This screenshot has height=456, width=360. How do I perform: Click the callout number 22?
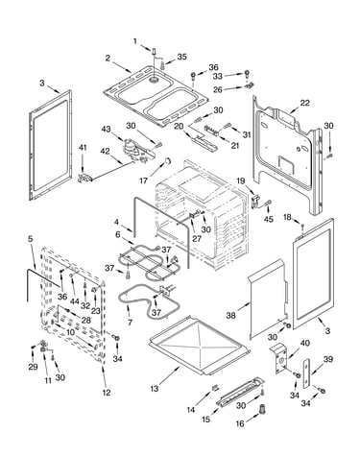point(304,103)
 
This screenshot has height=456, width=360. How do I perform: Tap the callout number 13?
point(155,389)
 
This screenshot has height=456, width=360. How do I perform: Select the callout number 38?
point(230,315)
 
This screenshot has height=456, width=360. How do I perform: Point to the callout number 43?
point(106,130)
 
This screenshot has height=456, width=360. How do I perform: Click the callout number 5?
point(31,239)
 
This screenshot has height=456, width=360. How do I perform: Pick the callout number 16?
point(240,424)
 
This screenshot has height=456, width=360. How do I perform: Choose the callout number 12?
point(107,393)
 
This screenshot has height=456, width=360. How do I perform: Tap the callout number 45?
point(269,220)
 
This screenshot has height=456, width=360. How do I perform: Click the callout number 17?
point(144,180)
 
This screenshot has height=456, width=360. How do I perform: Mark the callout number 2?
point(108,59)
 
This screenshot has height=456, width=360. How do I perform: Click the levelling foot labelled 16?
point(263,409)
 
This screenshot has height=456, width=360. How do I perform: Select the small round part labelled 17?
point(167,161)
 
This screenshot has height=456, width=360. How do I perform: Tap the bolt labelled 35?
point(162,66)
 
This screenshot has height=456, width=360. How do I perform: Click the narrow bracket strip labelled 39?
point(306,373)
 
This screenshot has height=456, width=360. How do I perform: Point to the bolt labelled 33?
point(247,74)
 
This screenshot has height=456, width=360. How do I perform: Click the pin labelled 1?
point(154,51)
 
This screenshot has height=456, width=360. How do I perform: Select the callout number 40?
point(304,343)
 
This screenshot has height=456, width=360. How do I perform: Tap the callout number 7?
point(130,322)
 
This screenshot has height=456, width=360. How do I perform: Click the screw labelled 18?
point(302,228)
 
